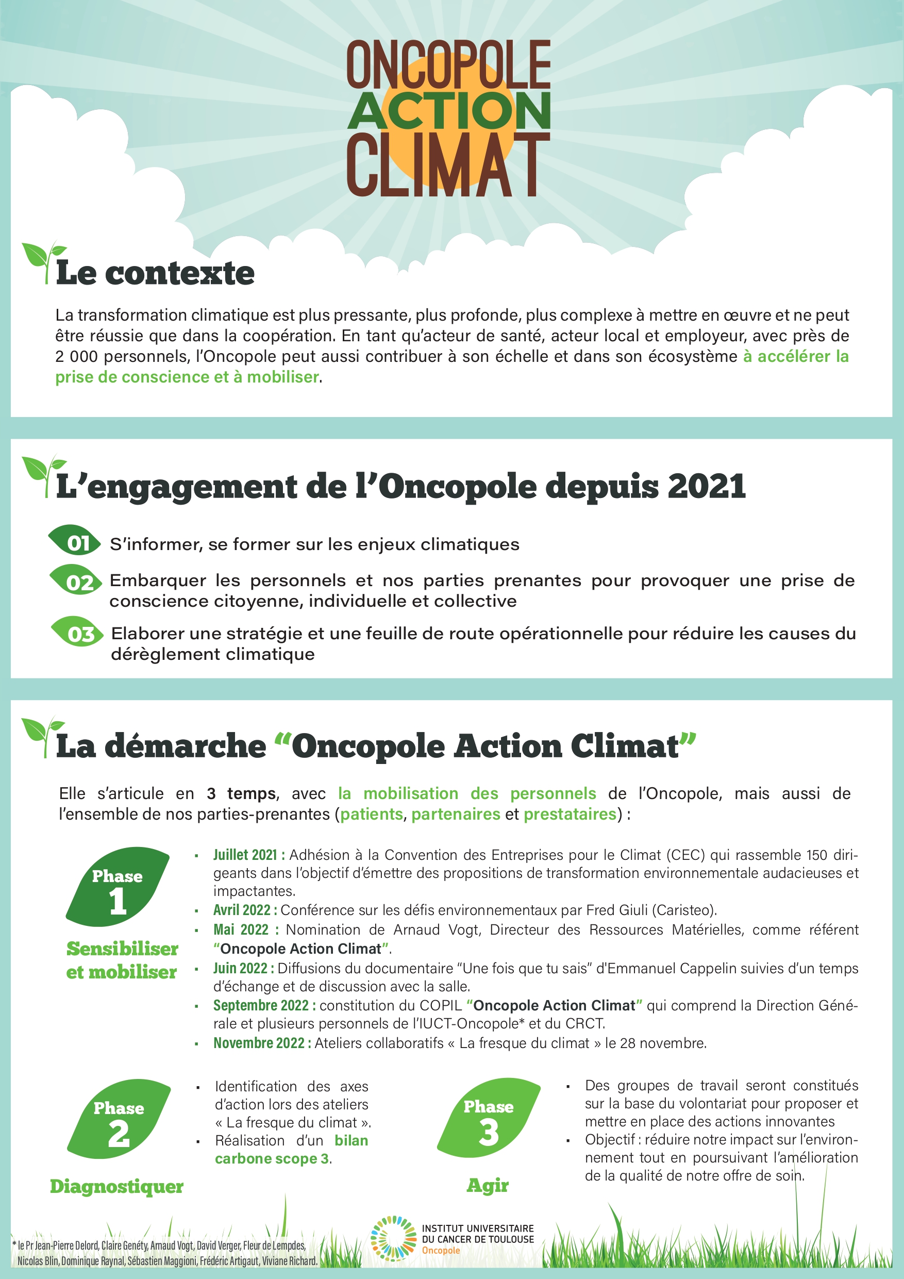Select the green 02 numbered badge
click(x=76, y=582)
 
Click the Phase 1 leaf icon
click(x=118, y=887)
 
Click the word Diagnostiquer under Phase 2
click(x=116, y=1187)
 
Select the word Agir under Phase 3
click(x=488, y=1185)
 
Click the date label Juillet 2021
click(x=248, y=855)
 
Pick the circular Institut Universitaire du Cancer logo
click(x=393, y=1238)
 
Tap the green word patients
click(x=371, y=815)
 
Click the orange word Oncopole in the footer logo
click(x=441, y=1251)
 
